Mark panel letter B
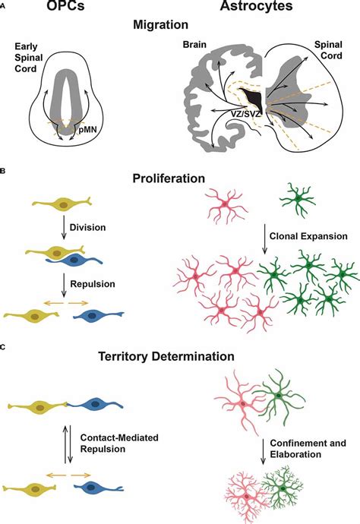[4, 172]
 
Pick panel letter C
[4, 347]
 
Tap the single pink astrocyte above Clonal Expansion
[228, 205]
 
